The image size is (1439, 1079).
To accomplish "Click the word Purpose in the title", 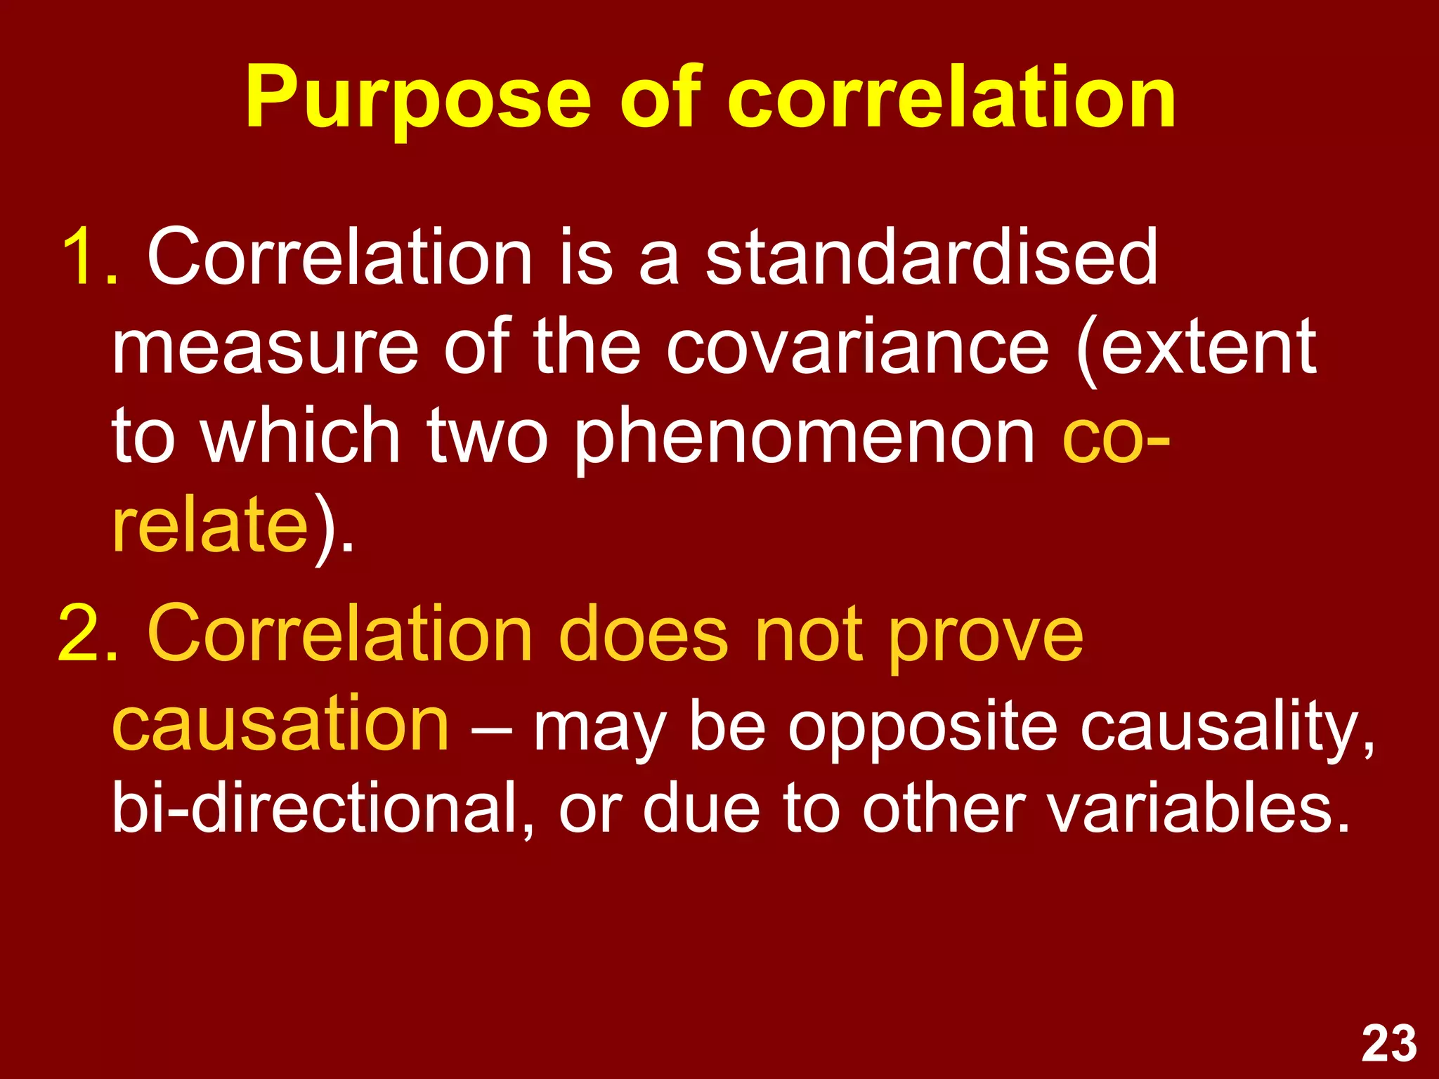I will click(417, 98).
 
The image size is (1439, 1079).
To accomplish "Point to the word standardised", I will click(931, 257).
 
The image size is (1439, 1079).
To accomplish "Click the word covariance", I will click(857, 347).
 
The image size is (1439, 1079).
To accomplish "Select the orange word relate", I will click(210, 525).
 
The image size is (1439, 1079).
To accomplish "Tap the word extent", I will click(1207, 347).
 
